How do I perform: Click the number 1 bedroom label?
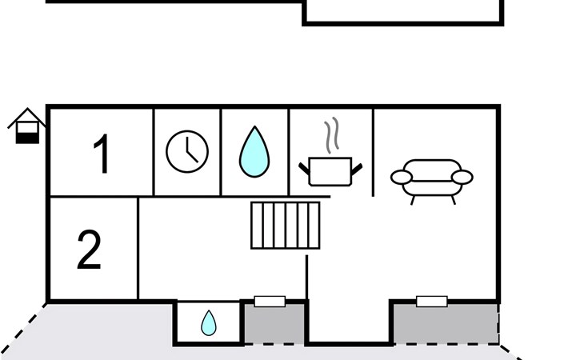102,154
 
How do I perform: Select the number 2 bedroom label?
89,249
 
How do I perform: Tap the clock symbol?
187,151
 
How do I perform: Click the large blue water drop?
254,152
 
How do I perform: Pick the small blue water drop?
209,323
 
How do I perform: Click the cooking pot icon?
330,171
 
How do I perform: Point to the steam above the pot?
331,135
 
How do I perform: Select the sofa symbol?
432,182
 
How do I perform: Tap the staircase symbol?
286,226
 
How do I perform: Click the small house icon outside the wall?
27,126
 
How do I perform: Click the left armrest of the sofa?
401,178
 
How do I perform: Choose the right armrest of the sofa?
462,178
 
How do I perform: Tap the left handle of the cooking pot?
304,169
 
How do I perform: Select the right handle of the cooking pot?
357,169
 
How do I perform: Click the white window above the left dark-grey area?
270,301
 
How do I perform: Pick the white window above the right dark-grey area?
432,301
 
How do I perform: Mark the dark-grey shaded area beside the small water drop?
274,324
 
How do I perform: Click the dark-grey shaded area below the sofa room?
446,324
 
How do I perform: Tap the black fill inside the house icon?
27,138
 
